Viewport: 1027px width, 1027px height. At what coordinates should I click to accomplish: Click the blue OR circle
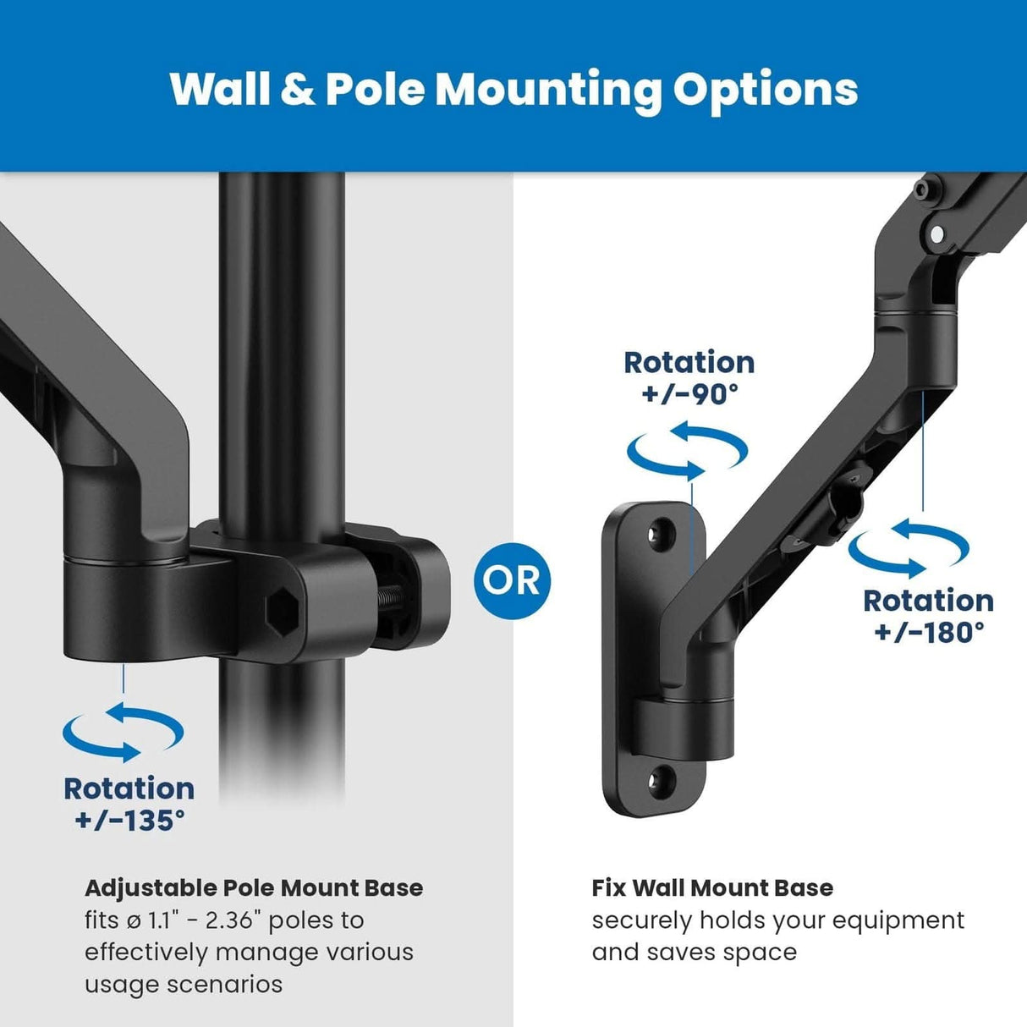[x=512, y=580]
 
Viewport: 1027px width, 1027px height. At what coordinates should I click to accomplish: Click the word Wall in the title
[x=219, y=88]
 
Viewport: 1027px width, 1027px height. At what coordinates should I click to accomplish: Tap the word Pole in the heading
[x=374, y=88]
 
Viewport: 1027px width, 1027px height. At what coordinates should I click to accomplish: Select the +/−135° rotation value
[x=129, y=821]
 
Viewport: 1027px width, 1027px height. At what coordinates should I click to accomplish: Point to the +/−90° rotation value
[x=689, y=394]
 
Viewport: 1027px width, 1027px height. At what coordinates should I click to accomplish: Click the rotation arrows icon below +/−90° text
[x=687, y=451]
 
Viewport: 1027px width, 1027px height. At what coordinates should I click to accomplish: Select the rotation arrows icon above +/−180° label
[x=909, y=548]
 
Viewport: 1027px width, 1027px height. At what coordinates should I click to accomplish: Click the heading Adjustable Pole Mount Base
[x=254, y=888]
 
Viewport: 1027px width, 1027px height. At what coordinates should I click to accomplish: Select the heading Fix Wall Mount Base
[x=712, y=888]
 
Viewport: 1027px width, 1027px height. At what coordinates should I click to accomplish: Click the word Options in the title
[x=765, y=88]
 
